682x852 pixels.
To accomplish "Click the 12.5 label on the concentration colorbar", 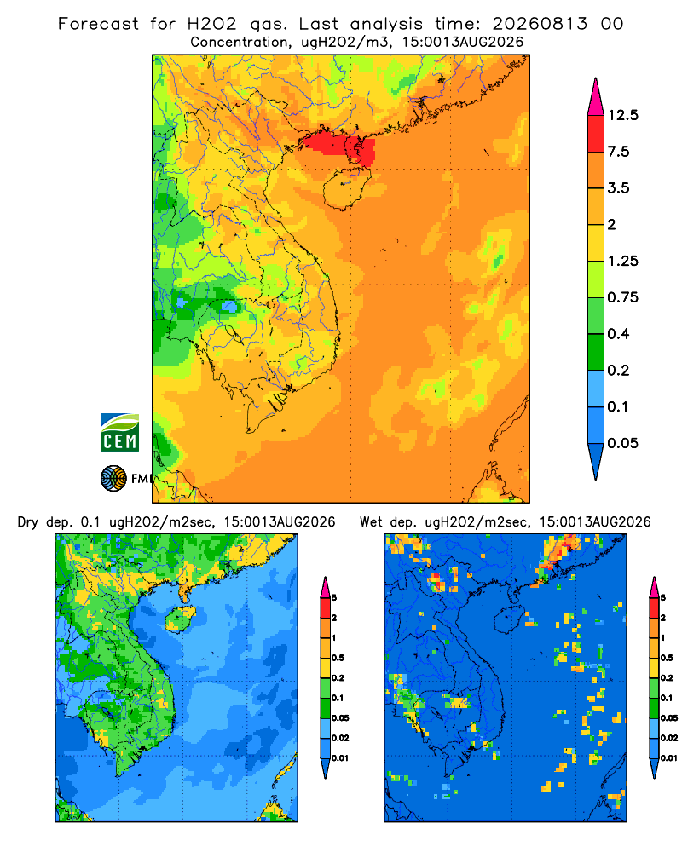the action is point(622,115).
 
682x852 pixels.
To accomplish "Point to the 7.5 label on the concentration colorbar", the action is point(618,152).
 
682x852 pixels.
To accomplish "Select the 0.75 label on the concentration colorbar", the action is point(622,297).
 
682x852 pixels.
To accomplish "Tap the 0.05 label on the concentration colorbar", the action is point(622,443).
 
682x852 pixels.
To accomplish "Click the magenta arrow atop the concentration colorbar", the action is point(596,97).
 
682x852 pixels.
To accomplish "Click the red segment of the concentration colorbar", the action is point(596,134).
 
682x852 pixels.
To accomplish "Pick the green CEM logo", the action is point(119,433).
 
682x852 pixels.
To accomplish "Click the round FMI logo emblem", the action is point(113,478).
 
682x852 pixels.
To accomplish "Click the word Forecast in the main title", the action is point(98,24).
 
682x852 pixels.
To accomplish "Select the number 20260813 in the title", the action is point(540,24).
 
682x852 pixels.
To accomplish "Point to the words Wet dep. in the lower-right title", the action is point(389,522).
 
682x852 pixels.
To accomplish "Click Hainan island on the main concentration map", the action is point(344,188).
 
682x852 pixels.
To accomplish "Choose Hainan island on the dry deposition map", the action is point(180,619).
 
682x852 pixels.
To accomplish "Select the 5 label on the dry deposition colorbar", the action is point(334,598).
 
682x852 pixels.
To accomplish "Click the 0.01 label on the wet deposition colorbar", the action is point(669,758).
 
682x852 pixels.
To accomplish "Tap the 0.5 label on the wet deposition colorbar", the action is point(666,658).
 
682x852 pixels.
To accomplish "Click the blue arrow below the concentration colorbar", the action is point(596,461).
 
